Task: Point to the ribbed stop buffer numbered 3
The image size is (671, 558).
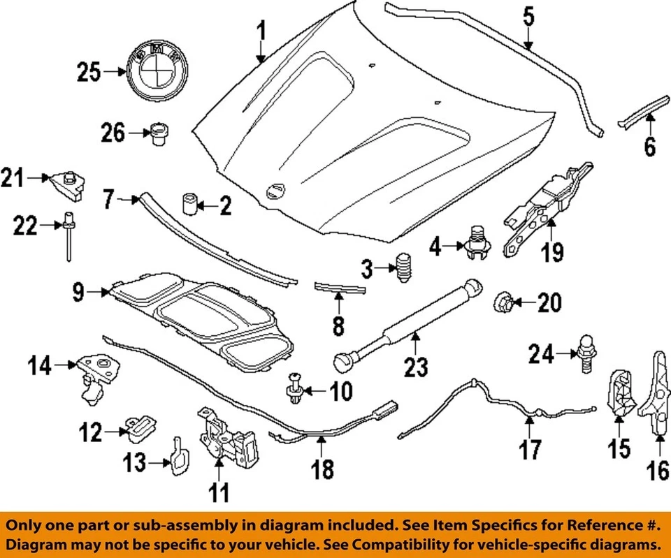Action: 403,268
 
